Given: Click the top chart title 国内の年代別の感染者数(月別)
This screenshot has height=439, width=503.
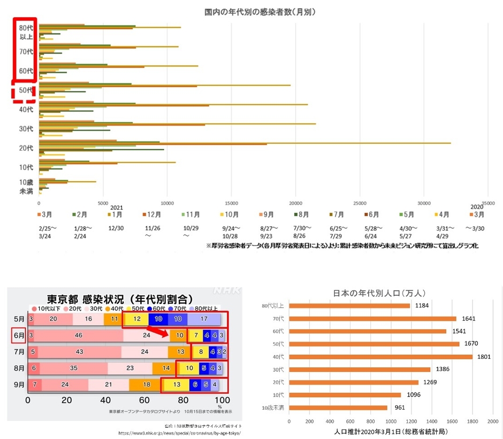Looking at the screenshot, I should (x=260, y=11).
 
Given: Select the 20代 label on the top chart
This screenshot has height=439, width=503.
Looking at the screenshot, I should (x=26, y=148).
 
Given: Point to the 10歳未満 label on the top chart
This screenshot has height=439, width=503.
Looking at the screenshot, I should (x=26, y=187).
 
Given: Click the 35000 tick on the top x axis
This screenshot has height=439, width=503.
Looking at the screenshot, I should (x=487, y=203).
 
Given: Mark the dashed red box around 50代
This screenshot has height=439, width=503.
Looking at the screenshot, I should (x=24, y=91).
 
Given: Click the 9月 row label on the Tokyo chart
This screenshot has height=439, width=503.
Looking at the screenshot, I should (x=18, y=384).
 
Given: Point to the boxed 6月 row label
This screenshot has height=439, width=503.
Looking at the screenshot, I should (x=18, y=335).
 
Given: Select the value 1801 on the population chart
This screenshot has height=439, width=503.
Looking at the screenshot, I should (x=484, y=356).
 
